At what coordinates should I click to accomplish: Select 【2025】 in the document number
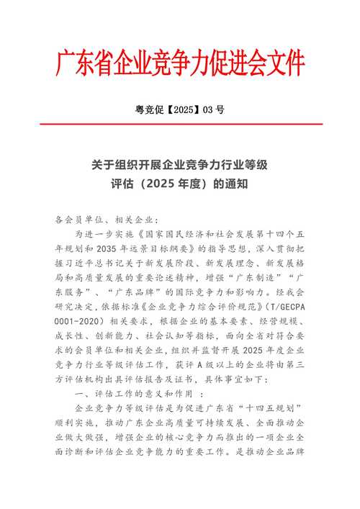tap(178, 110)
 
